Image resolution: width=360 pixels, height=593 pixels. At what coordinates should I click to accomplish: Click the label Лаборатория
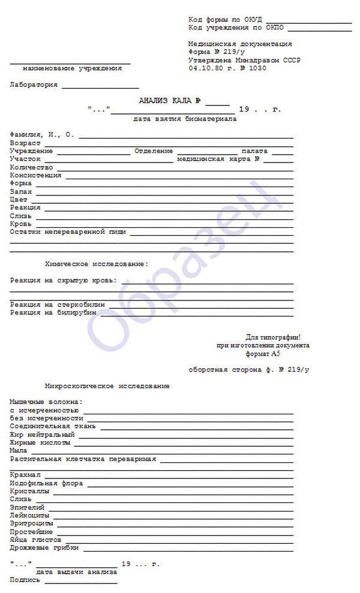point(34,85)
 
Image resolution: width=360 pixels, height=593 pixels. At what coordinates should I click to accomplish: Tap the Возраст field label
point(25,143)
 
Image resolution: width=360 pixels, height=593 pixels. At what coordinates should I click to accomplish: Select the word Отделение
point(154,151)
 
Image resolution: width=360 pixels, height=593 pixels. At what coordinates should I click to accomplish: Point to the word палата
point(255,151)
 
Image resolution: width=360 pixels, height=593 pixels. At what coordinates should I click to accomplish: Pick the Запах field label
point(22,191)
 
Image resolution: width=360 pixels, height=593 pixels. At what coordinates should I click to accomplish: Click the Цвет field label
point(19,199)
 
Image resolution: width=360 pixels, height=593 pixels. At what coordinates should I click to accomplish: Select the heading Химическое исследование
point(97,264)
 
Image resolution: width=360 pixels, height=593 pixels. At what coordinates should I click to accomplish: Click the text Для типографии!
point(272,338)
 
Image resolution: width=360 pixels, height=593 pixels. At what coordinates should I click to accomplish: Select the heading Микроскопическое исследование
point(107,386)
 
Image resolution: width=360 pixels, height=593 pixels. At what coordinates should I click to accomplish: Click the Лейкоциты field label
point(29,515)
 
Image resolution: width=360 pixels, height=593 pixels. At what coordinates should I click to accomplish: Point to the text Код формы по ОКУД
point(226,20)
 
